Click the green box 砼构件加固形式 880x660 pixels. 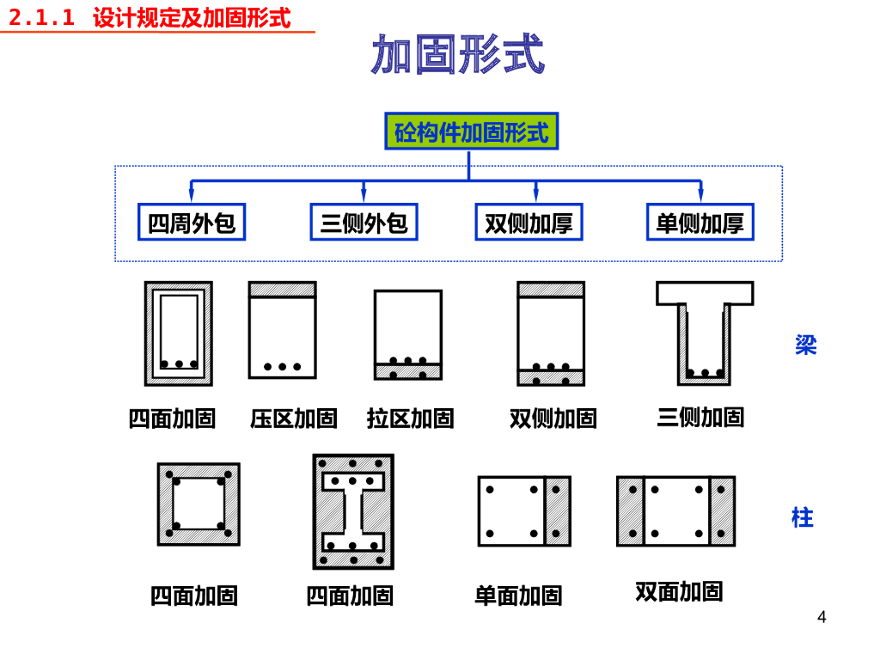point(471,131)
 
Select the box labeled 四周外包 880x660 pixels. point(192,223)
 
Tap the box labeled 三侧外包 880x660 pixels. point(364,223)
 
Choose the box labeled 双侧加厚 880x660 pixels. point(529,223)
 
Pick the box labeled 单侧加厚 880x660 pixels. point(700,223)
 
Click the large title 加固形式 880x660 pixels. point(458,55)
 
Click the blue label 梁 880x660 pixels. point(805,345)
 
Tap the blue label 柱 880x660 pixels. point(803,517)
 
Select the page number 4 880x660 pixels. point(822,617)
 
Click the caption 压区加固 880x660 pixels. point(294,419)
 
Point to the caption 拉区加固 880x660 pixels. point(410,419)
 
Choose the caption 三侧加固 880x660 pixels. point(700,417)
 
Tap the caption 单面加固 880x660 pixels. point(518,595)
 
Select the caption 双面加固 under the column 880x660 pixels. point(679,591)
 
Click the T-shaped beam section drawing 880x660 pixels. point(705,331)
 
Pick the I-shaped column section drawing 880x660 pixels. point(353,512)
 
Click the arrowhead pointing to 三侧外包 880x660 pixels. point(364,196)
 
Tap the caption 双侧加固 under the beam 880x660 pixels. point(553,419)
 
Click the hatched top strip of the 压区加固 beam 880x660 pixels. point(283,290)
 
